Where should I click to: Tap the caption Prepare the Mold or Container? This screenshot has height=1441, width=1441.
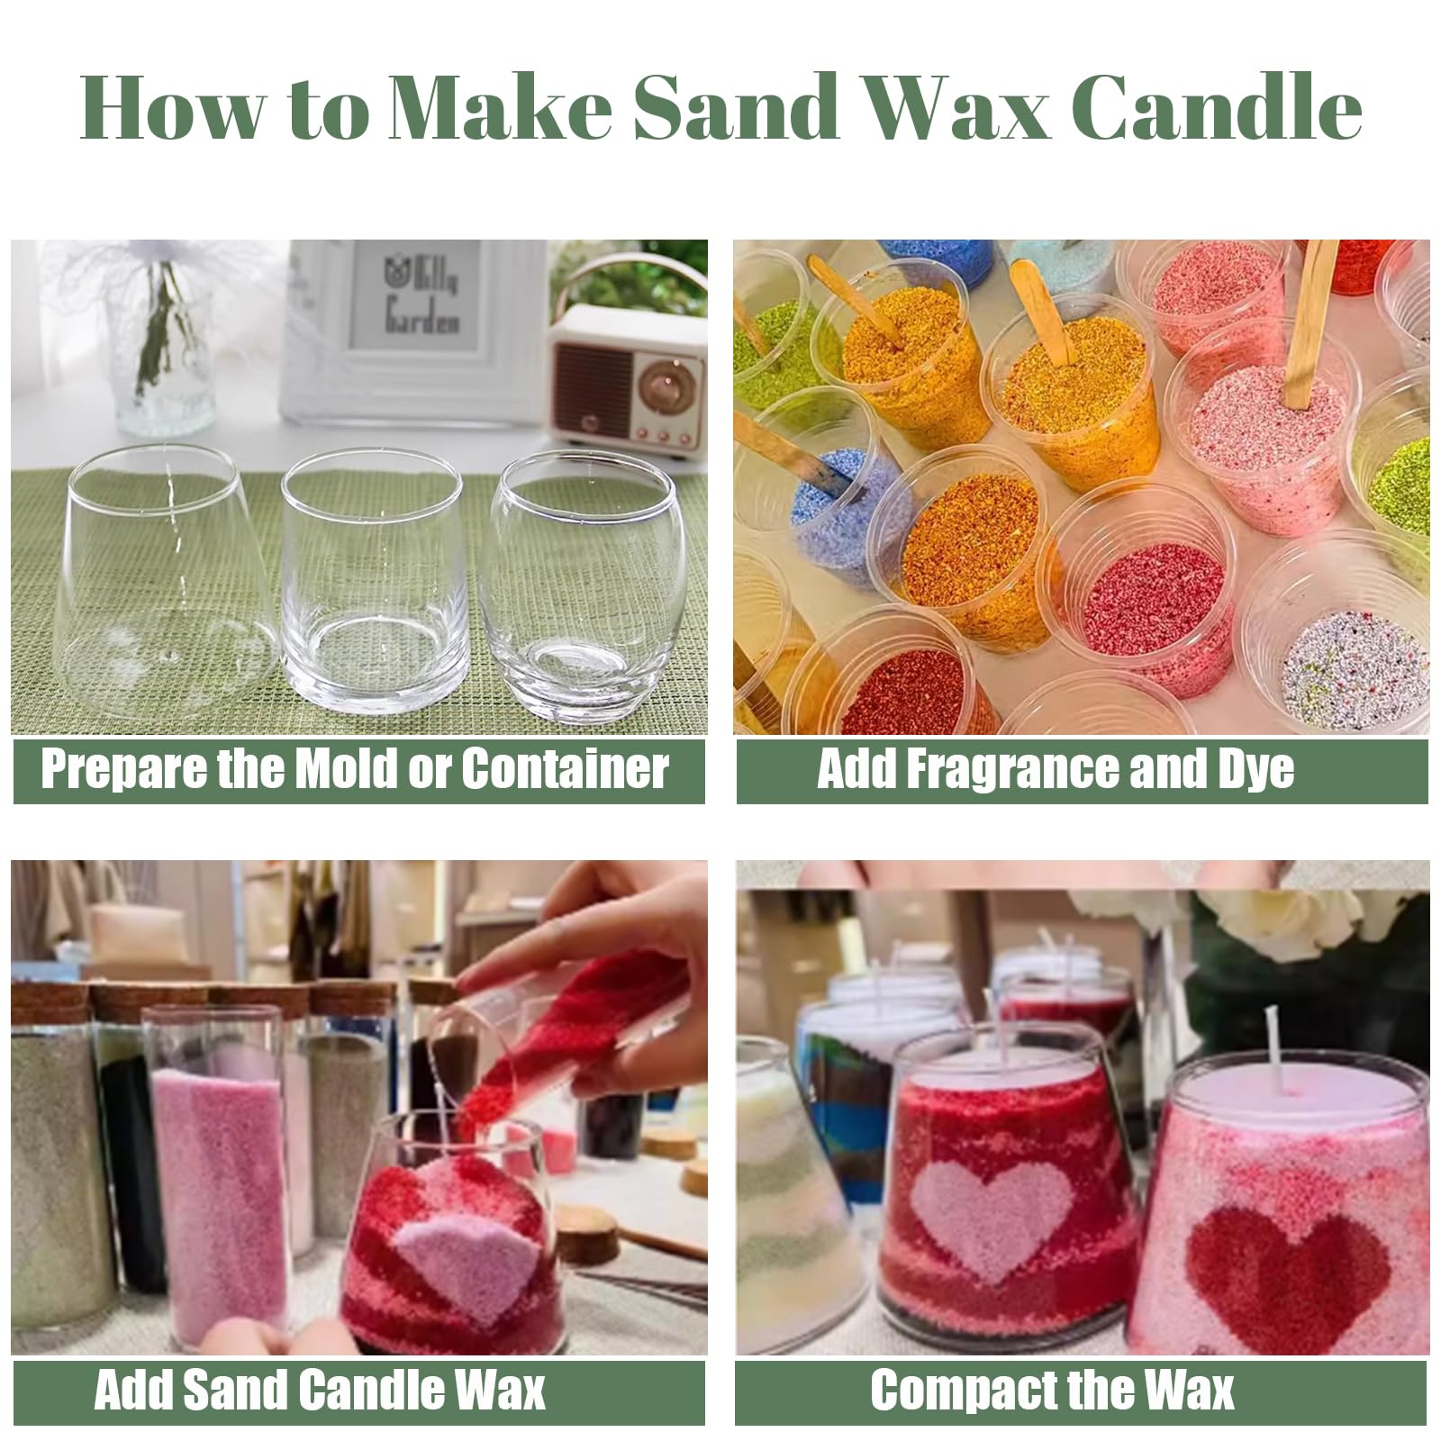click(355, 769)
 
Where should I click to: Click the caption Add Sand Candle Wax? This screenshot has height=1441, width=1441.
click(320, 1390)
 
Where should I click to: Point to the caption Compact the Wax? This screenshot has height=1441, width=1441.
click(1052, 1390)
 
